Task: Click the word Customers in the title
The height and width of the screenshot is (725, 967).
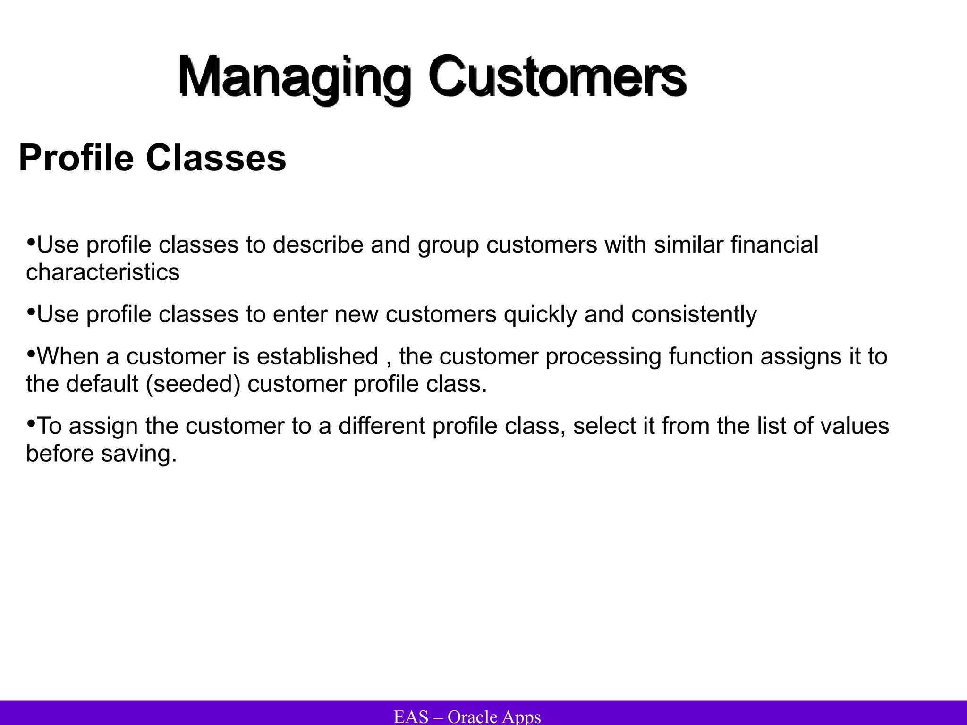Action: [557, 76]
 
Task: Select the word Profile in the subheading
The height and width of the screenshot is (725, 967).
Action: [76, 158]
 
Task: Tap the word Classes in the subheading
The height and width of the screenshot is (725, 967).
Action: [216, 158]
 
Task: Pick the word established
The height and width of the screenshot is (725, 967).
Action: [317, 356]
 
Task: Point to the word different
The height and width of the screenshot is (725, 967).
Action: [382, 426]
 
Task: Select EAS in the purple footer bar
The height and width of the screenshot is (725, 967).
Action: [411, 717]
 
